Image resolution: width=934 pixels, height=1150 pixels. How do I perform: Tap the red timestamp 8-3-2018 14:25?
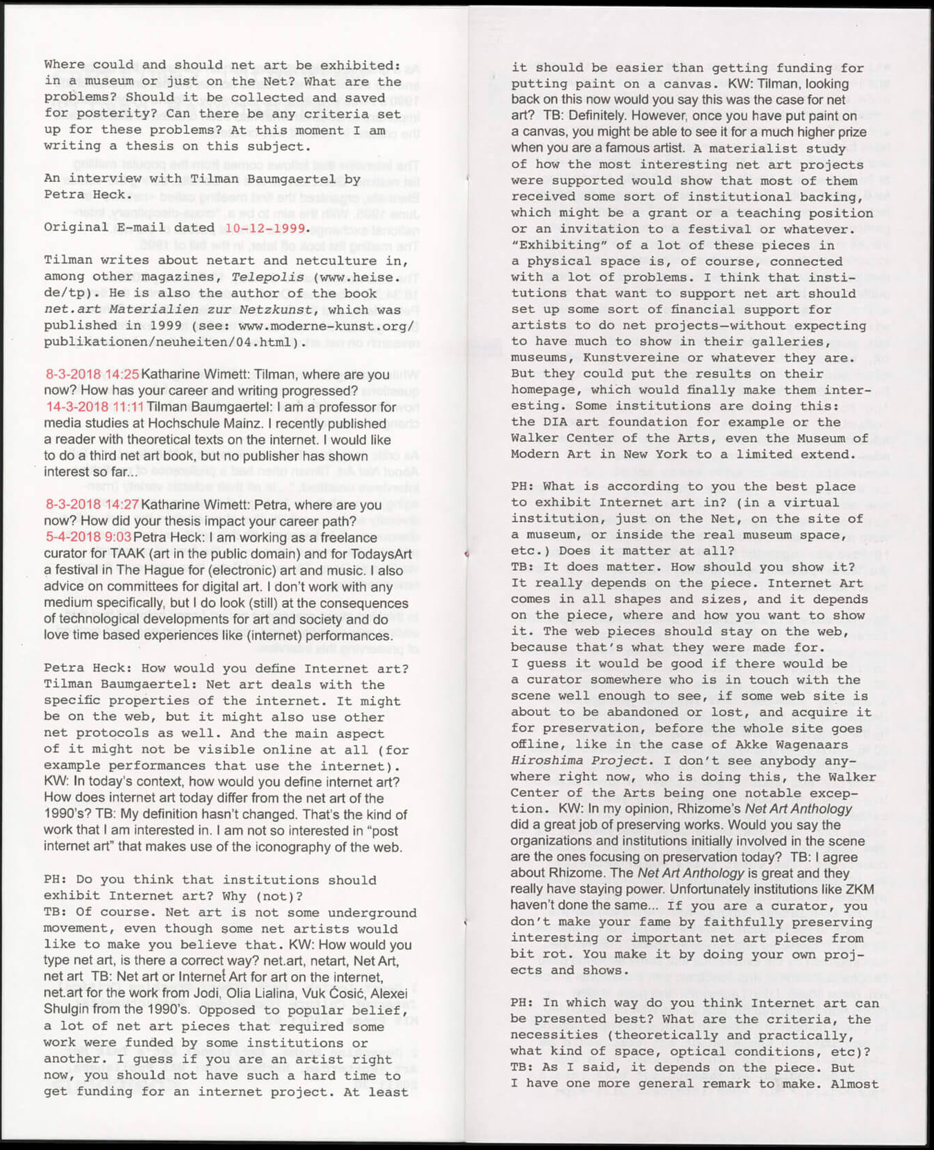point(93,375)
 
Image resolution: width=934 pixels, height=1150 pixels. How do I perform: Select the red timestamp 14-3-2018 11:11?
point(95,407)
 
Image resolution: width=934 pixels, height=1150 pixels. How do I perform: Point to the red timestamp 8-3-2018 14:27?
point(93,505)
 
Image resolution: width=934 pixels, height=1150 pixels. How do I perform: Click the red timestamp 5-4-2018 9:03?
point(88,538)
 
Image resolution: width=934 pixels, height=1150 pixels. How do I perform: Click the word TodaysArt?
point(379,554)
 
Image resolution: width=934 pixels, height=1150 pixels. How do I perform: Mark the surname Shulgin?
point(69,1010)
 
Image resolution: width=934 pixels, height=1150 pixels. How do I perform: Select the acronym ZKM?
point(859,889)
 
